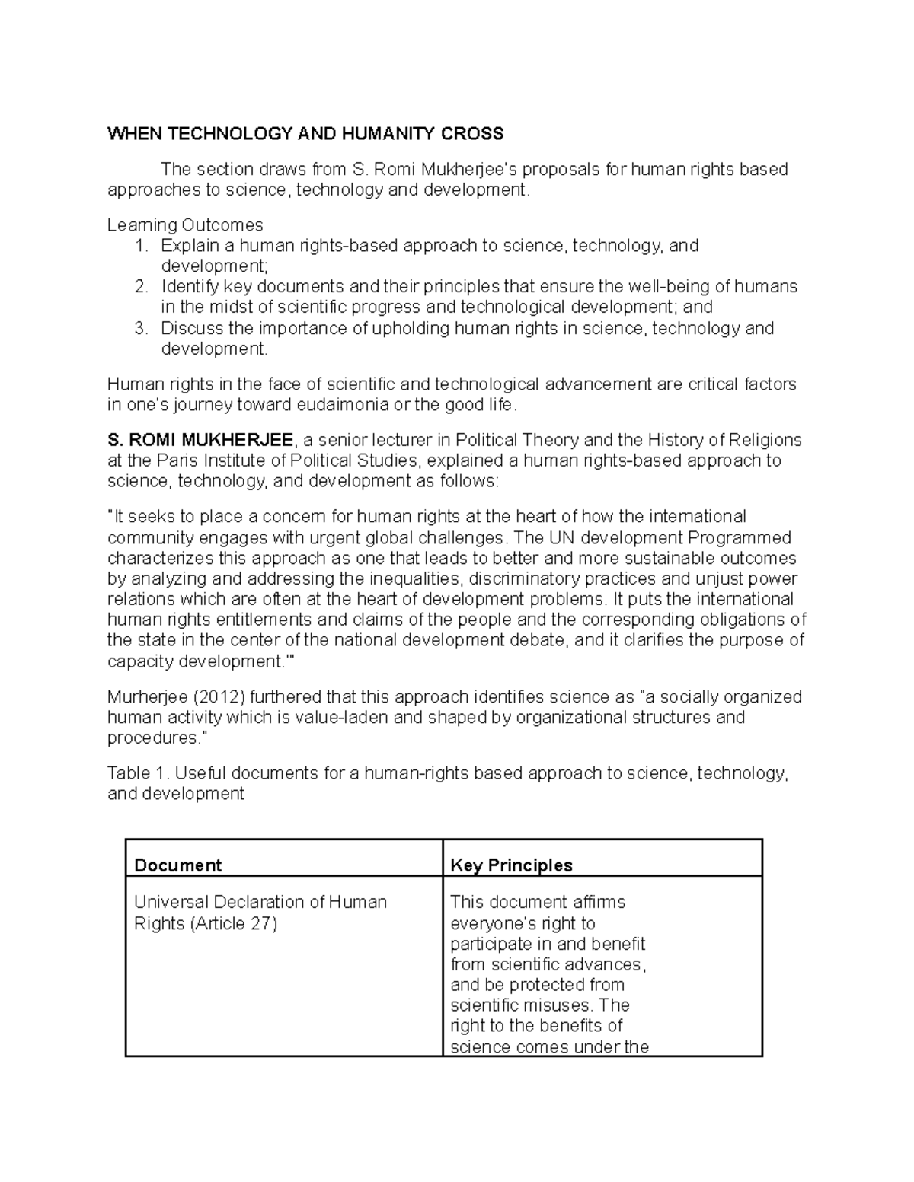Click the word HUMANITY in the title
[382, 135]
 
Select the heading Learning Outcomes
[185, 225]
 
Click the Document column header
[177, 865]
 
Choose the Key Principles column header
[511, 865]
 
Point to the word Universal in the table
[165, 903]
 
